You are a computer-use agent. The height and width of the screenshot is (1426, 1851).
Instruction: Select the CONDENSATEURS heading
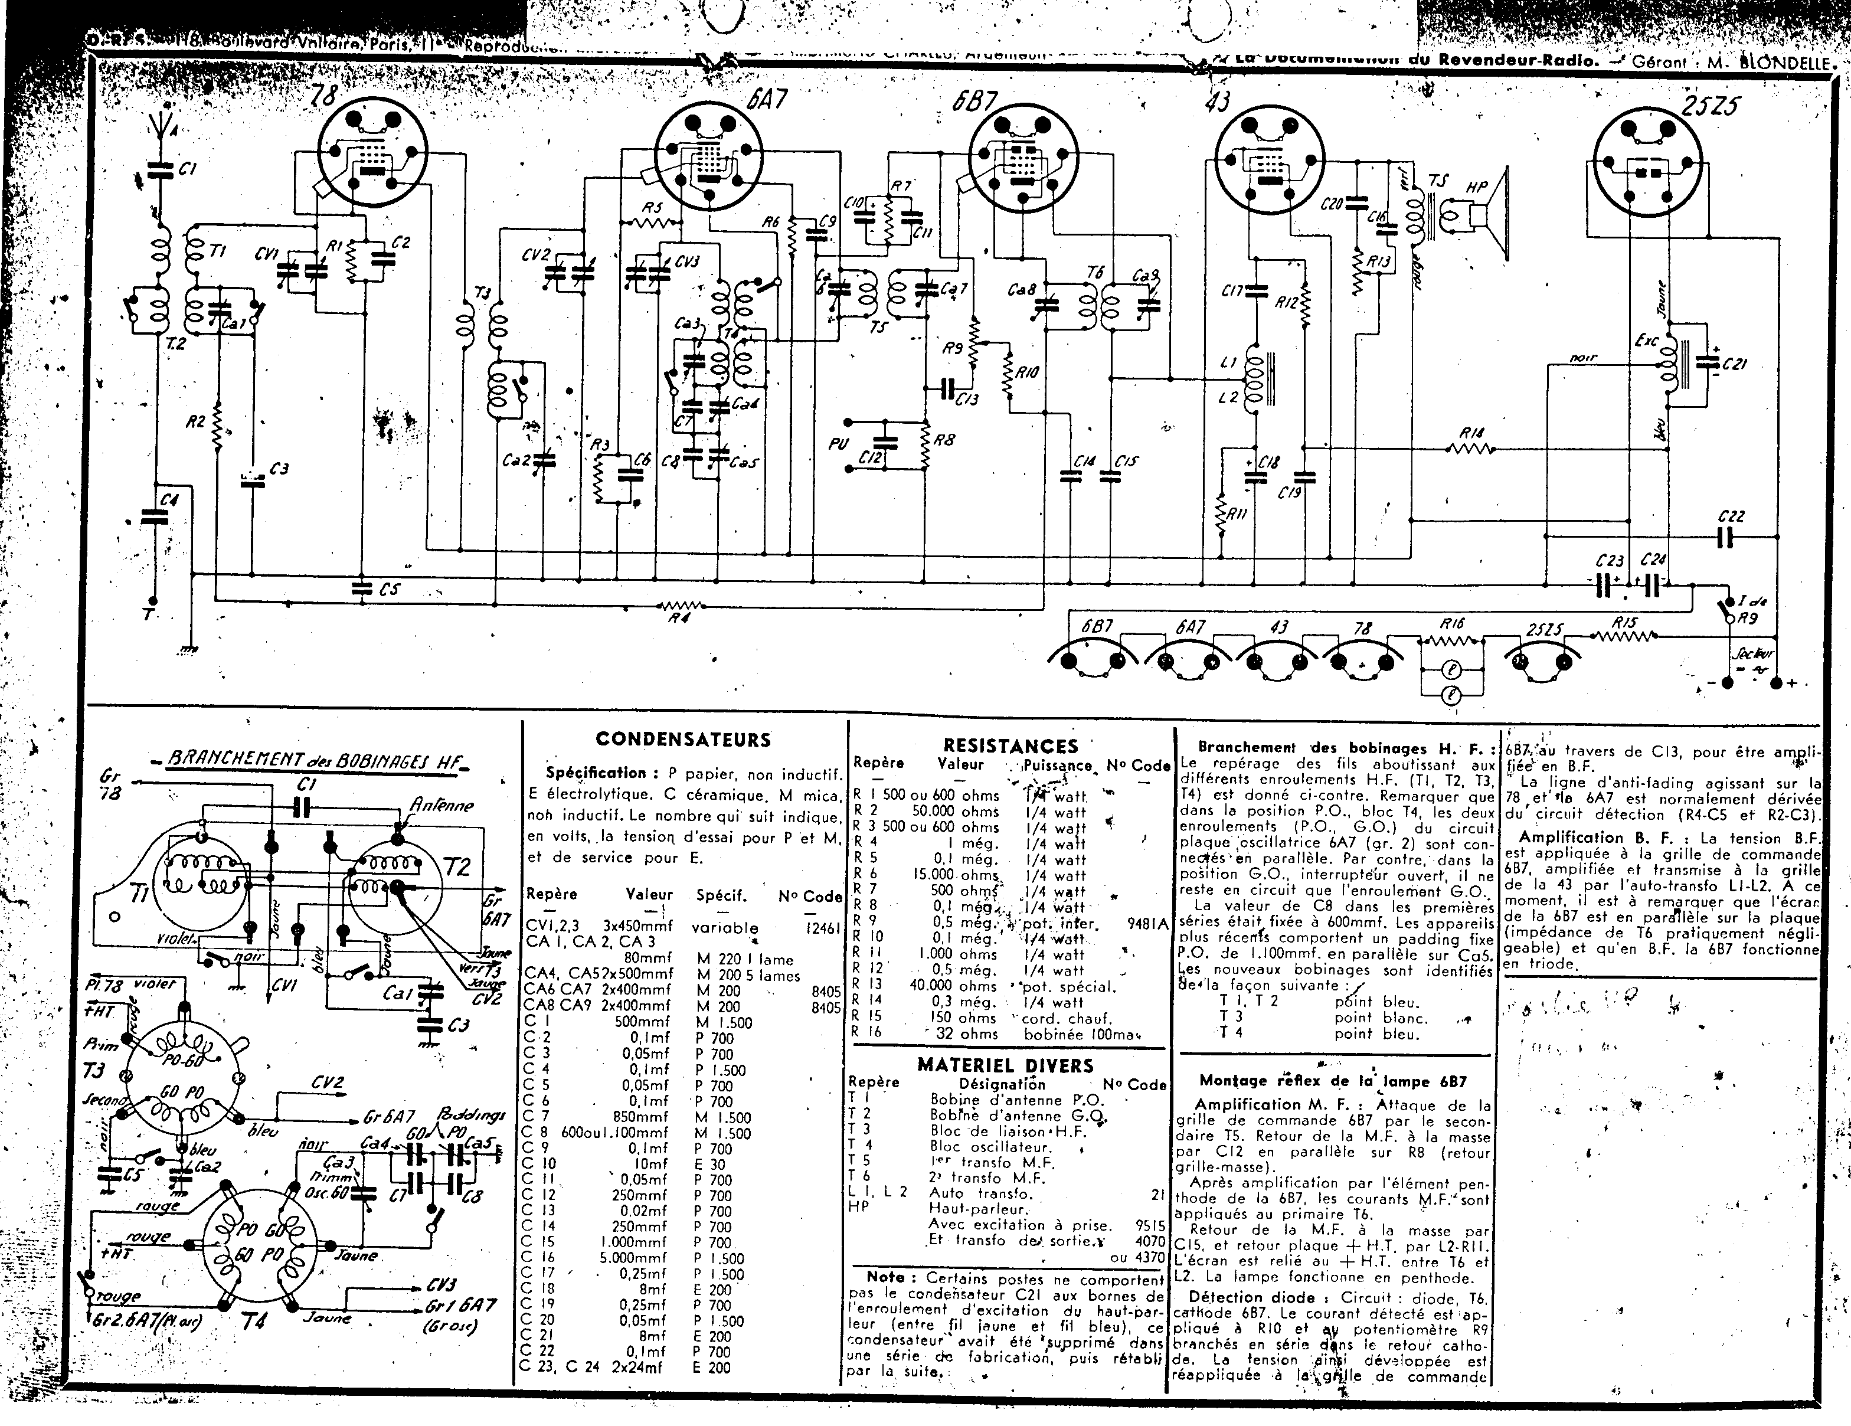coord(683,740)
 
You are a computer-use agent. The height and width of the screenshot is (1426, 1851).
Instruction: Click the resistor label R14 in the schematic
coord(1472,434)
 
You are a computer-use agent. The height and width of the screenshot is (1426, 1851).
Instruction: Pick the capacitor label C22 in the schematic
coord(1732,516)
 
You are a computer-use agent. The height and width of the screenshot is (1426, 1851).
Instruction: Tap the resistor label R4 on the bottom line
coord(679,619)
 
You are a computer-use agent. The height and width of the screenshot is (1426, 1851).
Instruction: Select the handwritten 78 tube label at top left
coord(325,96)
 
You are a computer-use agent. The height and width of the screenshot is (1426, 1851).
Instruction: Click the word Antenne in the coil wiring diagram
coord(441,805)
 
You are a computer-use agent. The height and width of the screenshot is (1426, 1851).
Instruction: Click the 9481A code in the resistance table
coord(1149,924)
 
